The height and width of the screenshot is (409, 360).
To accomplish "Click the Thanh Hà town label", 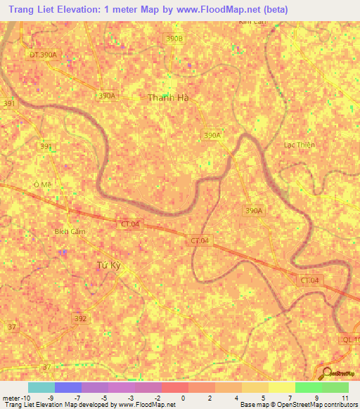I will pyautogui.click(x=169, y=98).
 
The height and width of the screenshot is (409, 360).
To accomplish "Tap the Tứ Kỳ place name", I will pyautogui.click(x=109, y=265).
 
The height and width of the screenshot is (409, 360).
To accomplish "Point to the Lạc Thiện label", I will pyautogui.click(x=299, y=145).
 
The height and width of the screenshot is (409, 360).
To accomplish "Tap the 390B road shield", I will pyautogui.click(x=174, y=39).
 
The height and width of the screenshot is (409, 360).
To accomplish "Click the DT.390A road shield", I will pyautogui.click(x=43, y=54).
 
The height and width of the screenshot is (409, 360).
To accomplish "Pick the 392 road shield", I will pyautogui.click(x=81, y=318).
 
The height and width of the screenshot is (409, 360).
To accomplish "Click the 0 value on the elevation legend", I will pyautogui.click(x=183, y=398).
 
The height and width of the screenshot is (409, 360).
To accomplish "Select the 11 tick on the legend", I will pyautogui.click(x=344, y=398).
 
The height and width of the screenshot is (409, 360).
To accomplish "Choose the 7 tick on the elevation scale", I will pyautogui.click(x=290, y=398).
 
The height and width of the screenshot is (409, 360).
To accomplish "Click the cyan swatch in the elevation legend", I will pyautogui.click(x=41, y=387).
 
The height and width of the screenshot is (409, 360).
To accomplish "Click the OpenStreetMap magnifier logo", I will pyautogui.click(x=327, y=374).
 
